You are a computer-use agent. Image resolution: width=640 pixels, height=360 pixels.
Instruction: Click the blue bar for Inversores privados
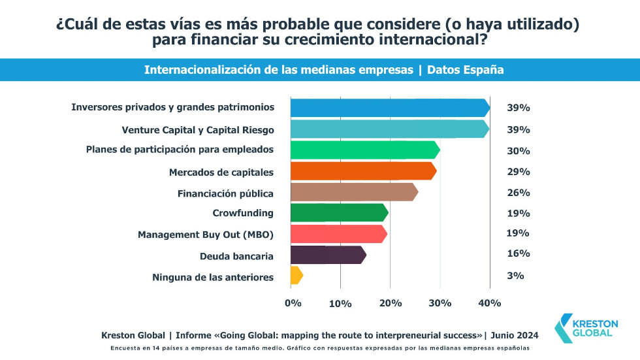tap(389, 108)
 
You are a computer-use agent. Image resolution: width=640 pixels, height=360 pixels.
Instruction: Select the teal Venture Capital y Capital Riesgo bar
tap(389, 129)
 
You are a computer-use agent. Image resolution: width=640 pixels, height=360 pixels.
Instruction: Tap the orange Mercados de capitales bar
tap(363, 171)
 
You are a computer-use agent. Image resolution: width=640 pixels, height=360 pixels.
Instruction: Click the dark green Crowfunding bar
tap(339, 213)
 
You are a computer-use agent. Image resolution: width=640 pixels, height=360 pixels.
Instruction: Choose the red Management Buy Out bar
tap(338, 233)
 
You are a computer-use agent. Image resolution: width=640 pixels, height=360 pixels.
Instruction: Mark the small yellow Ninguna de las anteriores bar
tap(296, 275)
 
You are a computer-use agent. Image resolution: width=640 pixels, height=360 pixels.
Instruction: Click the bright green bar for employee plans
tap(364, 150)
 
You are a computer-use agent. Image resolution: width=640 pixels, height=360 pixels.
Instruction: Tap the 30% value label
tap(519, 151)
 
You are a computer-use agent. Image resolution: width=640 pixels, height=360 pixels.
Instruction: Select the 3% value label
tap(515, 276)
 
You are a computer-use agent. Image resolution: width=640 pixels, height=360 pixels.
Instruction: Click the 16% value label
tap(518, 254)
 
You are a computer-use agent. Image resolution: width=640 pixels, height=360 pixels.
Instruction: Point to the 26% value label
tap(519, 193)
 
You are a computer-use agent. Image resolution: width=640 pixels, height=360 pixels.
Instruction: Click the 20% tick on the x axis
tap(390, 303)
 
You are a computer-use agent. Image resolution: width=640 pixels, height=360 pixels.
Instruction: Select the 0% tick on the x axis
tap(293, 303)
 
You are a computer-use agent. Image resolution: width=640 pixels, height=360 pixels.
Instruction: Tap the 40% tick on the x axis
tap(490, 303)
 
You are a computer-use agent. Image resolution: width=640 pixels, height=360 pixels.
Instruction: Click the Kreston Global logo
tap(584, 327)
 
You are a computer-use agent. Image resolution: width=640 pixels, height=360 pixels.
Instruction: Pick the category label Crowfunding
tap(243, 213)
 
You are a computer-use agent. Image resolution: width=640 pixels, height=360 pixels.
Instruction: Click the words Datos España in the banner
tap(465, 70)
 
